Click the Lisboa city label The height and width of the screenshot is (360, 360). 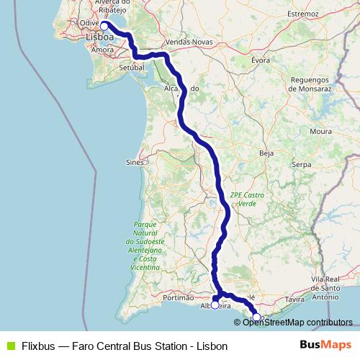[x=99, y=37]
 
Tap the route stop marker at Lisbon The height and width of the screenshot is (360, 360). [x=104, y=26]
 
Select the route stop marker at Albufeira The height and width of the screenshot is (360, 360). [x=215, y=305]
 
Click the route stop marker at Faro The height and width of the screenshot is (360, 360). [x=256, y=317]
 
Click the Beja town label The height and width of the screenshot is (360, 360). [x=267, y=153]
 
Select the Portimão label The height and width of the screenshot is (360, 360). [x=180, y=297]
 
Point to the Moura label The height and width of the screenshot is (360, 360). [x=320, y=132]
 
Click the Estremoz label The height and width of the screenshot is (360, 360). [x=302, y=14]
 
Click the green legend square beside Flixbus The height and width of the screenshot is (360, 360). [x=10, y=346]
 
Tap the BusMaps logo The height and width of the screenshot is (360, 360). [x=325, y=345]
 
